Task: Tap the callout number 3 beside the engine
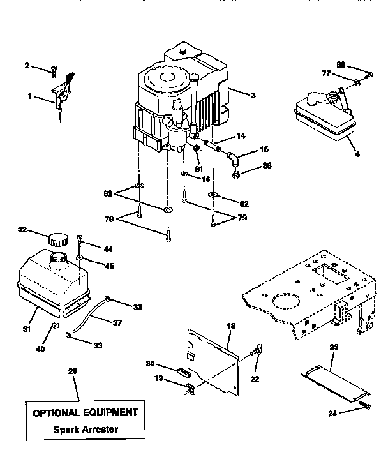[253, 95]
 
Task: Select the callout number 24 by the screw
[334, 414]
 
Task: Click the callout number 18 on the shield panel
[230, 326]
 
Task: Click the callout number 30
[151, 364]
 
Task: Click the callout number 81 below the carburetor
[198, 169]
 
